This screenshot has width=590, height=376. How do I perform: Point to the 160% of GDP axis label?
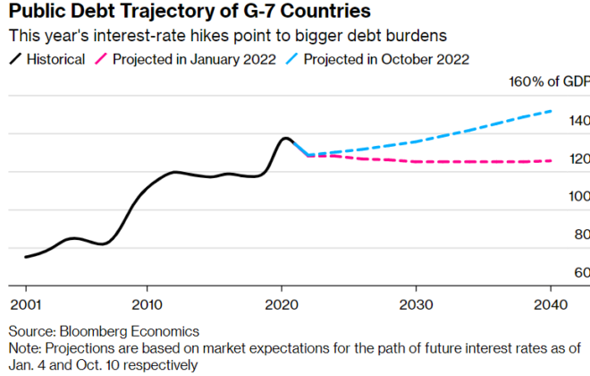point(546,83)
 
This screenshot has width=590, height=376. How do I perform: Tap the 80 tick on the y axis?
point(581,235)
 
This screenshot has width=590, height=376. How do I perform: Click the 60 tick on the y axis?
point(581,272)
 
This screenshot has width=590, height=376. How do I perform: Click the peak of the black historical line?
point(284,138)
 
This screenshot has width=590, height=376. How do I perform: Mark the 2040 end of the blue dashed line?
point(551,112)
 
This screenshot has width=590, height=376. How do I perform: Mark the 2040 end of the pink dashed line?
point(551,161)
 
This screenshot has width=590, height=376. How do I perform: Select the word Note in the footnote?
point(22,347)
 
